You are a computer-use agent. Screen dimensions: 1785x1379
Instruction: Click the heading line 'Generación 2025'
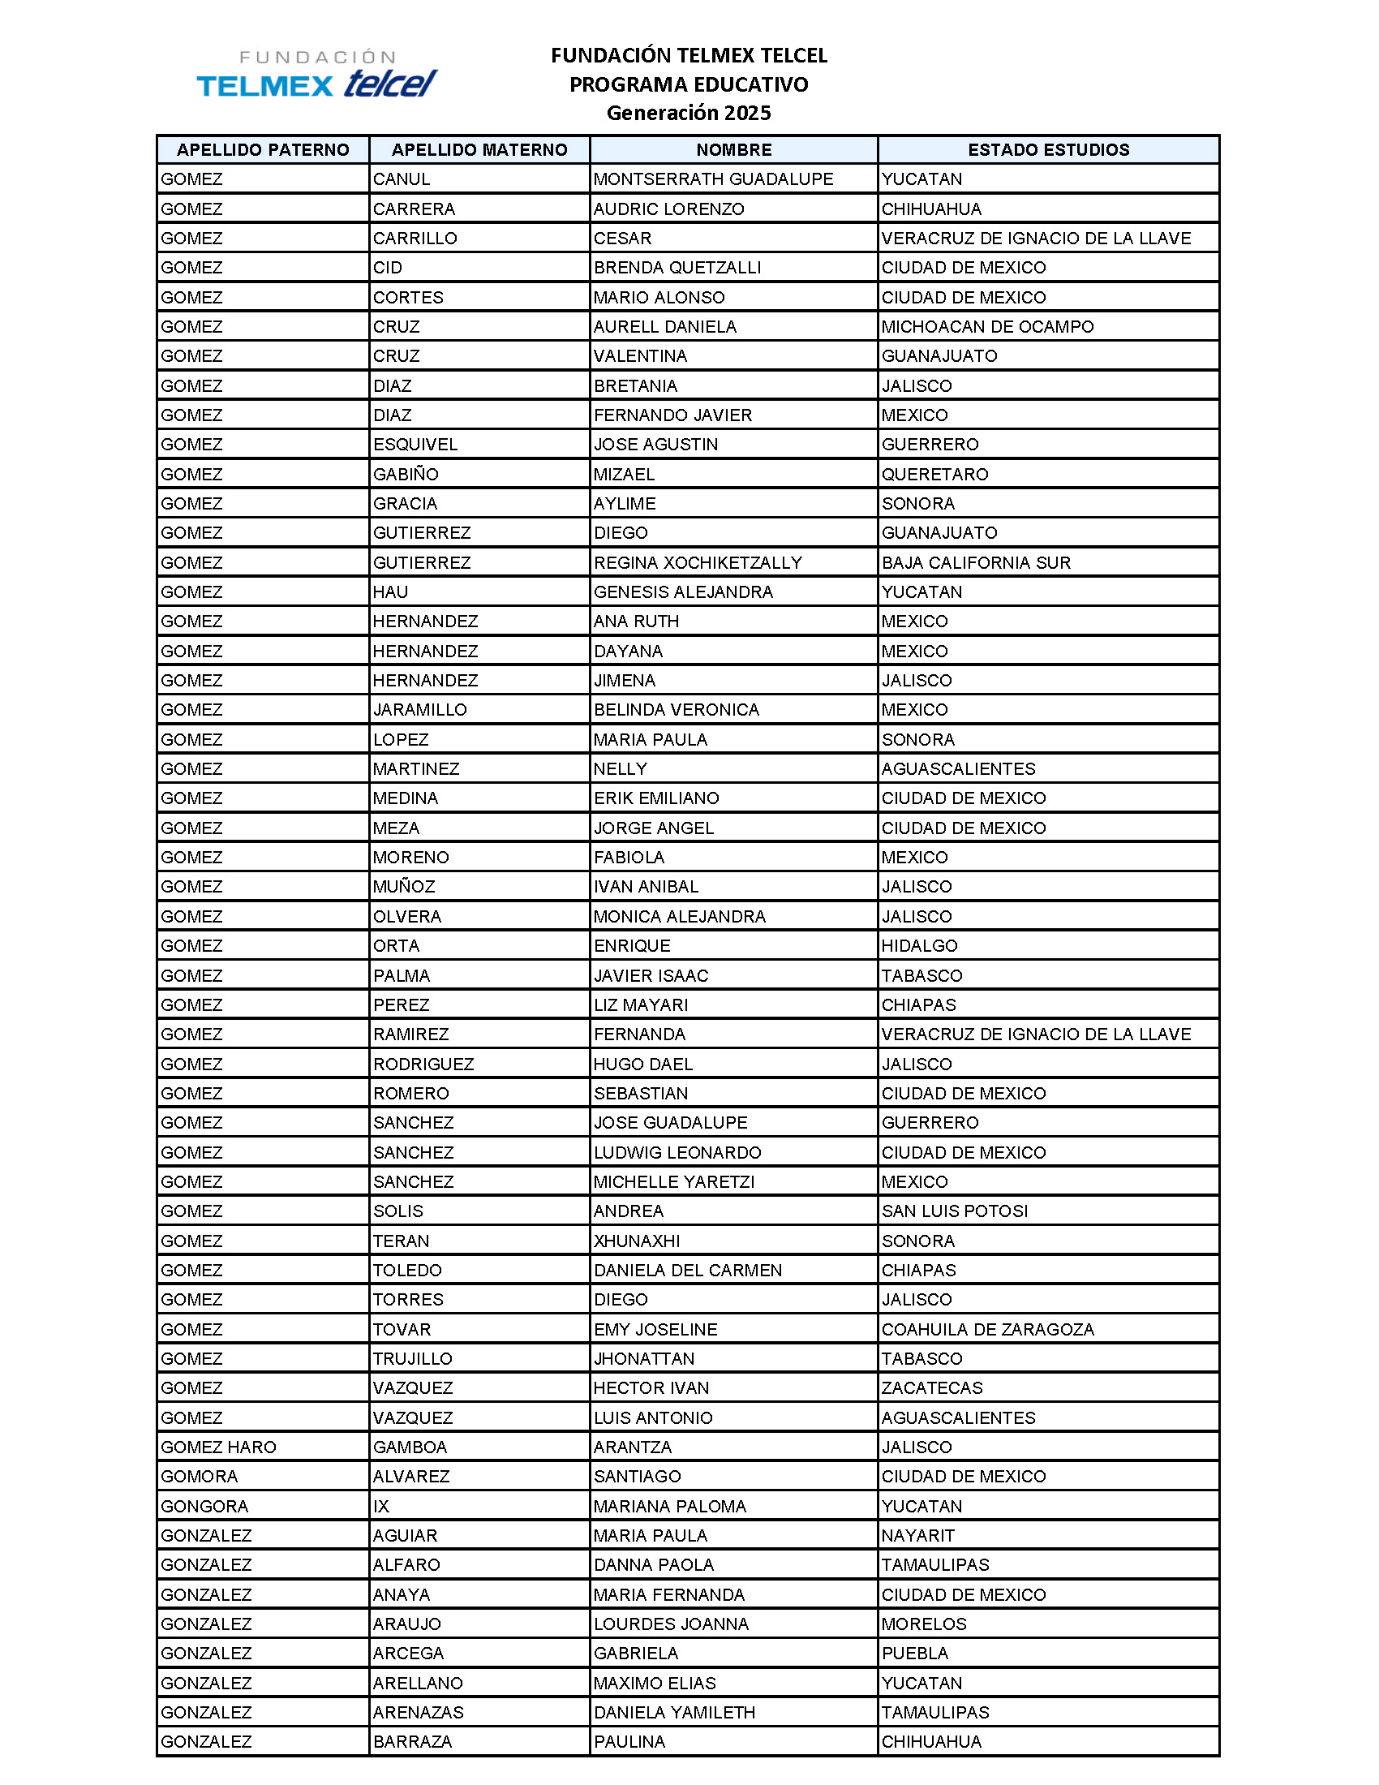[689, 113]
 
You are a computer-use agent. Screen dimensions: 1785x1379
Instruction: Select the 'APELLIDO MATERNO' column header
[479, 149]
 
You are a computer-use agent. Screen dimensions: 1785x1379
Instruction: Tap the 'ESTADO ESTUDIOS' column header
[1048, 149]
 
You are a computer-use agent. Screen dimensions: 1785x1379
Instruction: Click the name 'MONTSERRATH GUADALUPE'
[713, 179]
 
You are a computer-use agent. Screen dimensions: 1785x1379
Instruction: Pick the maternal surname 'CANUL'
[401, 179]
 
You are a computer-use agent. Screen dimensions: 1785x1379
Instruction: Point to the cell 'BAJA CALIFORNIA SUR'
[975, 562]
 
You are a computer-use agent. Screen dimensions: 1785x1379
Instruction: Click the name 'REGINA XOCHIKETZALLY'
[698, 562]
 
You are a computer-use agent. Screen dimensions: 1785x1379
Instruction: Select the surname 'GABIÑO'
[406, 474]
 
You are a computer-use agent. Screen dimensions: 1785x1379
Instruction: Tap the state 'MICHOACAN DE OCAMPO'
[987, 327]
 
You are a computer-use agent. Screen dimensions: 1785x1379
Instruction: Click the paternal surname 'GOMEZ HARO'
[218, 1447]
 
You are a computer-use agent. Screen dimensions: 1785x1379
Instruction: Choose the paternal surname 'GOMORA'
[200, 1476]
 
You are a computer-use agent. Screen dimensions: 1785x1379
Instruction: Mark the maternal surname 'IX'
[380, 1505]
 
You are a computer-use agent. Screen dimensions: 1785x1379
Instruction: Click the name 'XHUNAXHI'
[637, 1241]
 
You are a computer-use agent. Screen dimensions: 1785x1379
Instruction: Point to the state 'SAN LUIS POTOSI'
[954, 1211]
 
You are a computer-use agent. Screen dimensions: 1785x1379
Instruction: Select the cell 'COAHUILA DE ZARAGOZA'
[987, 1329]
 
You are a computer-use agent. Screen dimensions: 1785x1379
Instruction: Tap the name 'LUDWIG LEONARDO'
[677, 1152]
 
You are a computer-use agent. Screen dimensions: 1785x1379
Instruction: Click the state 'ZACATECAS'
[931, 1387]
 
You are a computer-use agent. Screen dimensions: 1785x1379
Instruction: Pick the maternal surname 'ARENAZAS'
[418, 1712]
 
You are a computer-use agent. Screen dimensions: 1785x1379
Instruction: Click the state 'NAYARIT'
[917, 1535]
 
